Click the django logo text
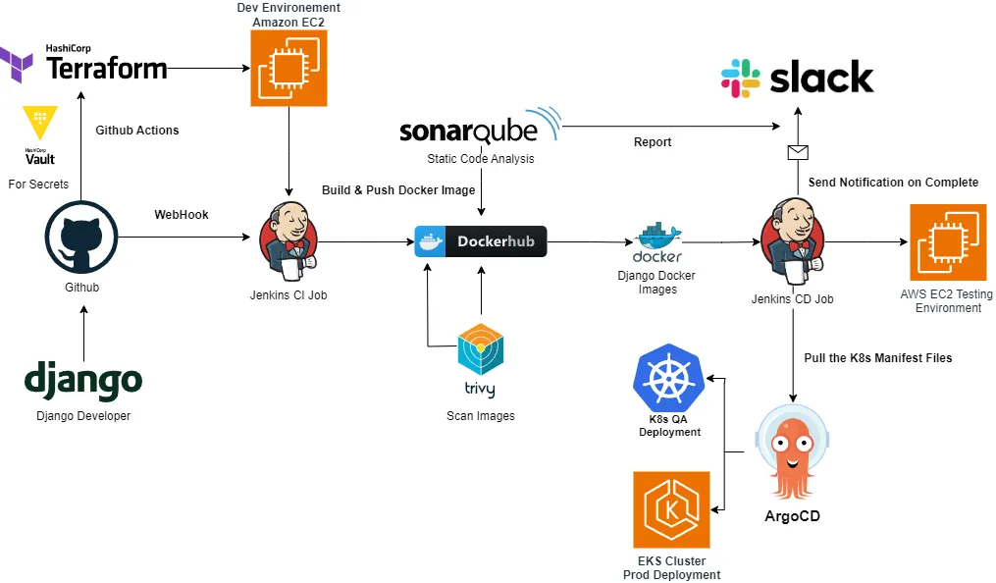[x=83, y=381]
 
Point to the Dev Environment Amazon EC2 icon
[x=288, y=68]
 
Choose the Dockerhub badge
[x=480, y=240]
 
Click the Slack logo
[x=797, y=78]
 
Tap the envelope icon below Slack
[x=798, y=151]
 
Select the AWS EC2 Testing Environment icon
[x=947, y=241]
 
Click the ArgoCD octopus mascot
[x=793, y=452]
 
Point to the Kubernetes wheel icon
[x=669, y=378]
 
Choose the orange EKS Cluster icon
[x=671, y=509]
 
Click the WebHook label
[x=182, y=215]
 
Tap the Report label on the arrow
[x=653, y=142]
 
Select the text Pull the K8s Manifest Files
[x=877, y=358]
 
